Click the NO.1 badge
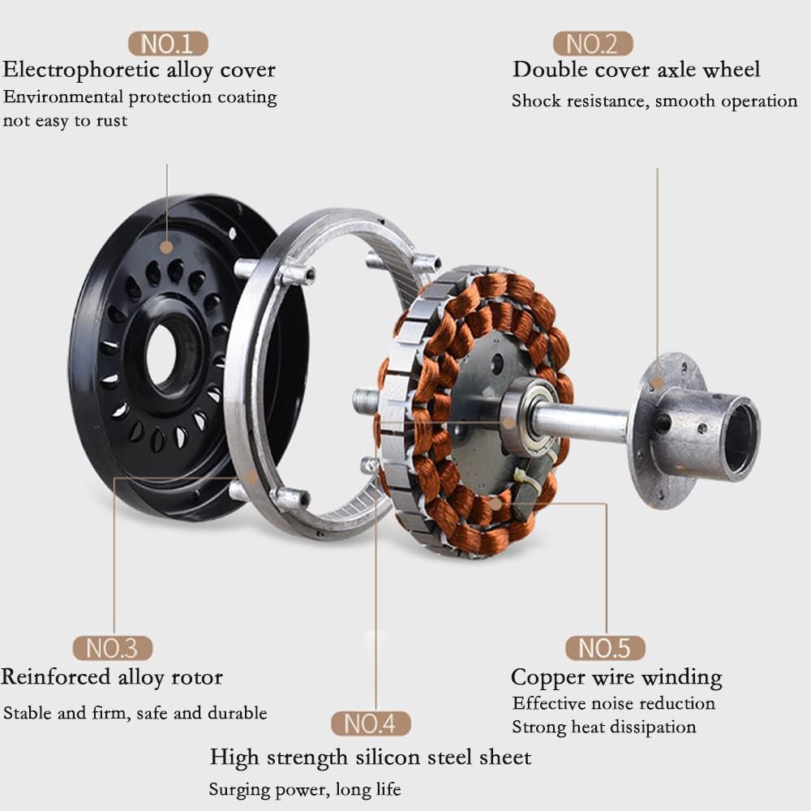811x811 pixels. click(168, 44)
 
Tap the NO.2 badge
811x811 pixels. click(593, 44)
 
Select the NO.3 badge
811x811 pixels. click(112, 648)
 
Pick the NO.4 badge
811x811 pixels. click(371, 723)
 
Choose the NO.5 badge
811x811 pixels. click(605, 648)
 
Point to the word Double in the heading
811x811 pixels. click(551, 69)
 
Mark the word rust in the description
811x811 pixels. click(112, 121)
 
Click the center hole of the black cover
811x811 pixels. click(165, 355)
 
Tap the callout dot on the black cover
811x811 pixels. click(166, 247)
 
